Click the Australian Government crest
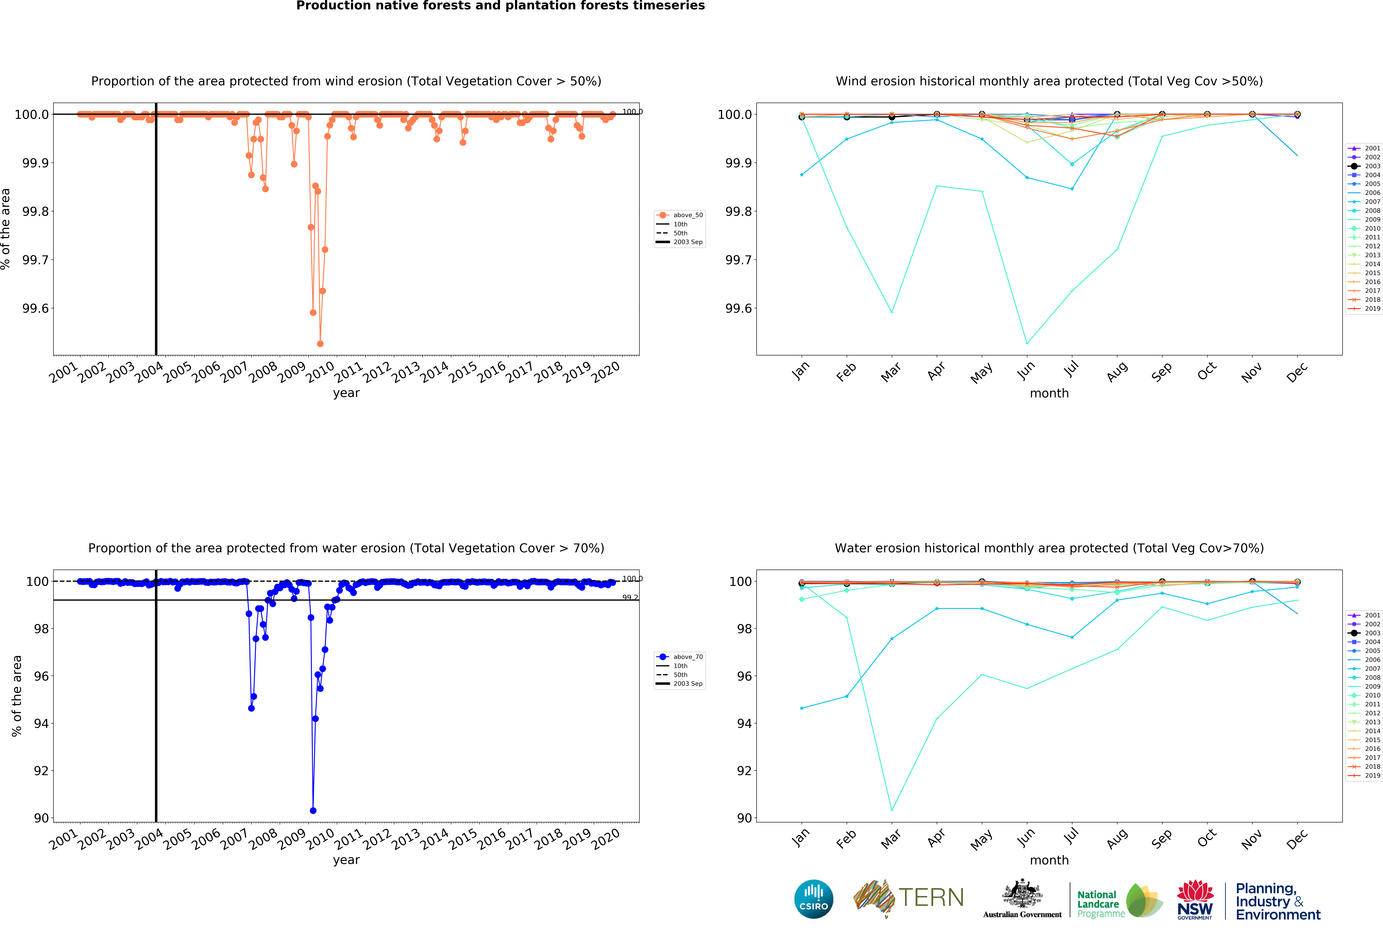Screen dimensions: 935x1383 coord(1022,893)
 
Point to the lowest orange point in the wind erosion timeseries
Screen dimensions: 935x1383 coord(320,344)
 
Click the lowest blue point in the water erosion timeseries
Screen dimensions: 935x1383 coord(313,811)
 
